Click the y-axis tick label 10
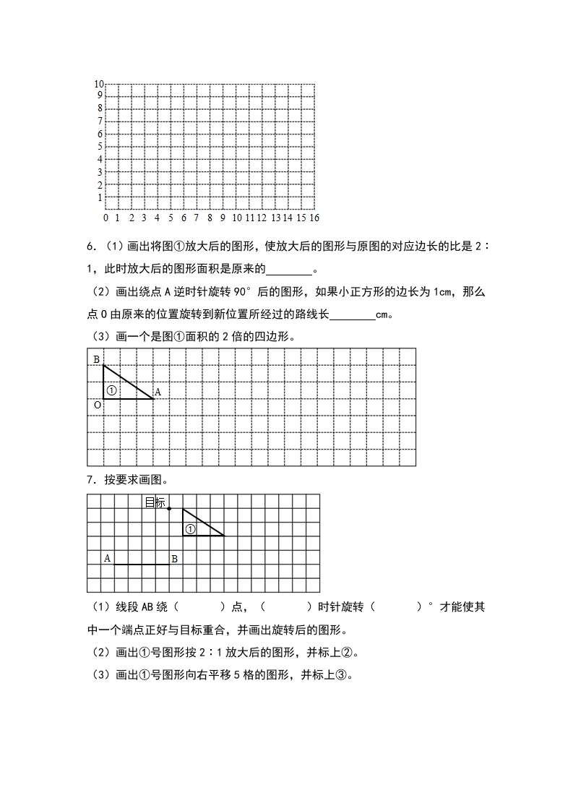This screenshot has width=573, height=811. [99, 84]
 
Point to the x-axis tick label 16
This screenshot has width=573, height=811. [314, 218]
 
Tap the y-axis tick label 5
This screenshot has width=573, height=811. [100, 146]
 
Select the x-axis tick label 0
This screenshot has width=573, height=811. [106, 218]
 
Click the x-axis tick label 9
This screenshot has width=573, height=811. [223, 218]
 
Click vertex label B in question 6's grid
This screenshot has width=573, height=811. [96, 359]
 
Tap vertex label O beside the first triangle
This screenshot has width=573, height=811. [97, 405]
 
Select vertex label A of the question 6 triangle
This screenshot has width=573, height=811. [158, 392]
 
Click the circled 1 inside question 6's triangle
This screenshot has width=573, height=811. [111, 390]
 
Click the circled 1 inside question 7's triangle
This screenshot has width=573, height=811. [190, 529]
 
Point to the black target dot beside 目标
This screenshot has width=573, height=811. [169, 509]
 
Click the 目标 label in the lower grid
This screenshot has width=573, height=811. [155, 502]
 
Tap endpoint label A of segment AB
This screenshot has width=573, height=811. [107, 558]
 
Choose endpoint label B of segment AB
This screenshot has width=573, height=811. [174, 558]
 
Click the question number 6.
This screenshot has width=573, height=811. [90, 247]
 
